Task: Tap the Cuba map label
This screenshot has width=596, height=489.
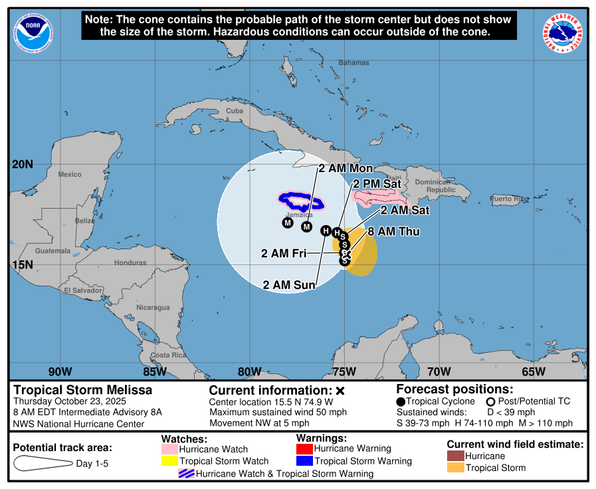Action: click(x=235, y=111)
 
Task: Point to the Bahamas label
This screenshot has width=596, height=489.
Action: click(x=353, y=62)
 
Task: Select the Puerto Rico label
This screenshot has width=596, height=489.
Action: click(x=509, y=199)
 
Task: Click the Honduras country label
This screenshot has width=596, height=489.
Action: click(x=130, y=262)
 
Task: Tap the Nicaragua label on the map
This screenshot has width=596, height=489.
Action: click(x=153, y=308)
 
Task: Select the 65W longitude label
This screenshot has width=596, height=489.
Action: click(x=534, y=371)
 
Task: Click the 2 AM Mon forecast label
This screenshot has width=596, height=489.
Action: click(x=346, y=168)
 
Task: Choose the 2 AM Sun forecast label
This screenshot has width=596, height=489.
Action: click(x=290, y=285)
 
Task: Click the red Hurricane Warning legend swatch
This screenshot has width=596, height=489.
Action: click(x=304, y=448)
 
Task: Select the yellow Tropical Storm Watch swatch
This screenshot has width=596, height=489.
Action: click(x=170, y=461)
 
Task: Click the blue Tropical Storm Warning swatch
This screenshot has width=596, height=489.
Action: click(x=304, y=461)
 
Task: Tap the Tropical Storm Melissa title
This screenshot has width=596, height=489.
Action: click(x=83, y=390)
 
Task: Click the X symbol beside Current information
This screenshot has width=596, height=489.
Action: click(x=340, y=391)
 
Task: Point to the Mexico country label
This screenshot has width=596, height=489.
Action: click(x=69, y=175)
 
